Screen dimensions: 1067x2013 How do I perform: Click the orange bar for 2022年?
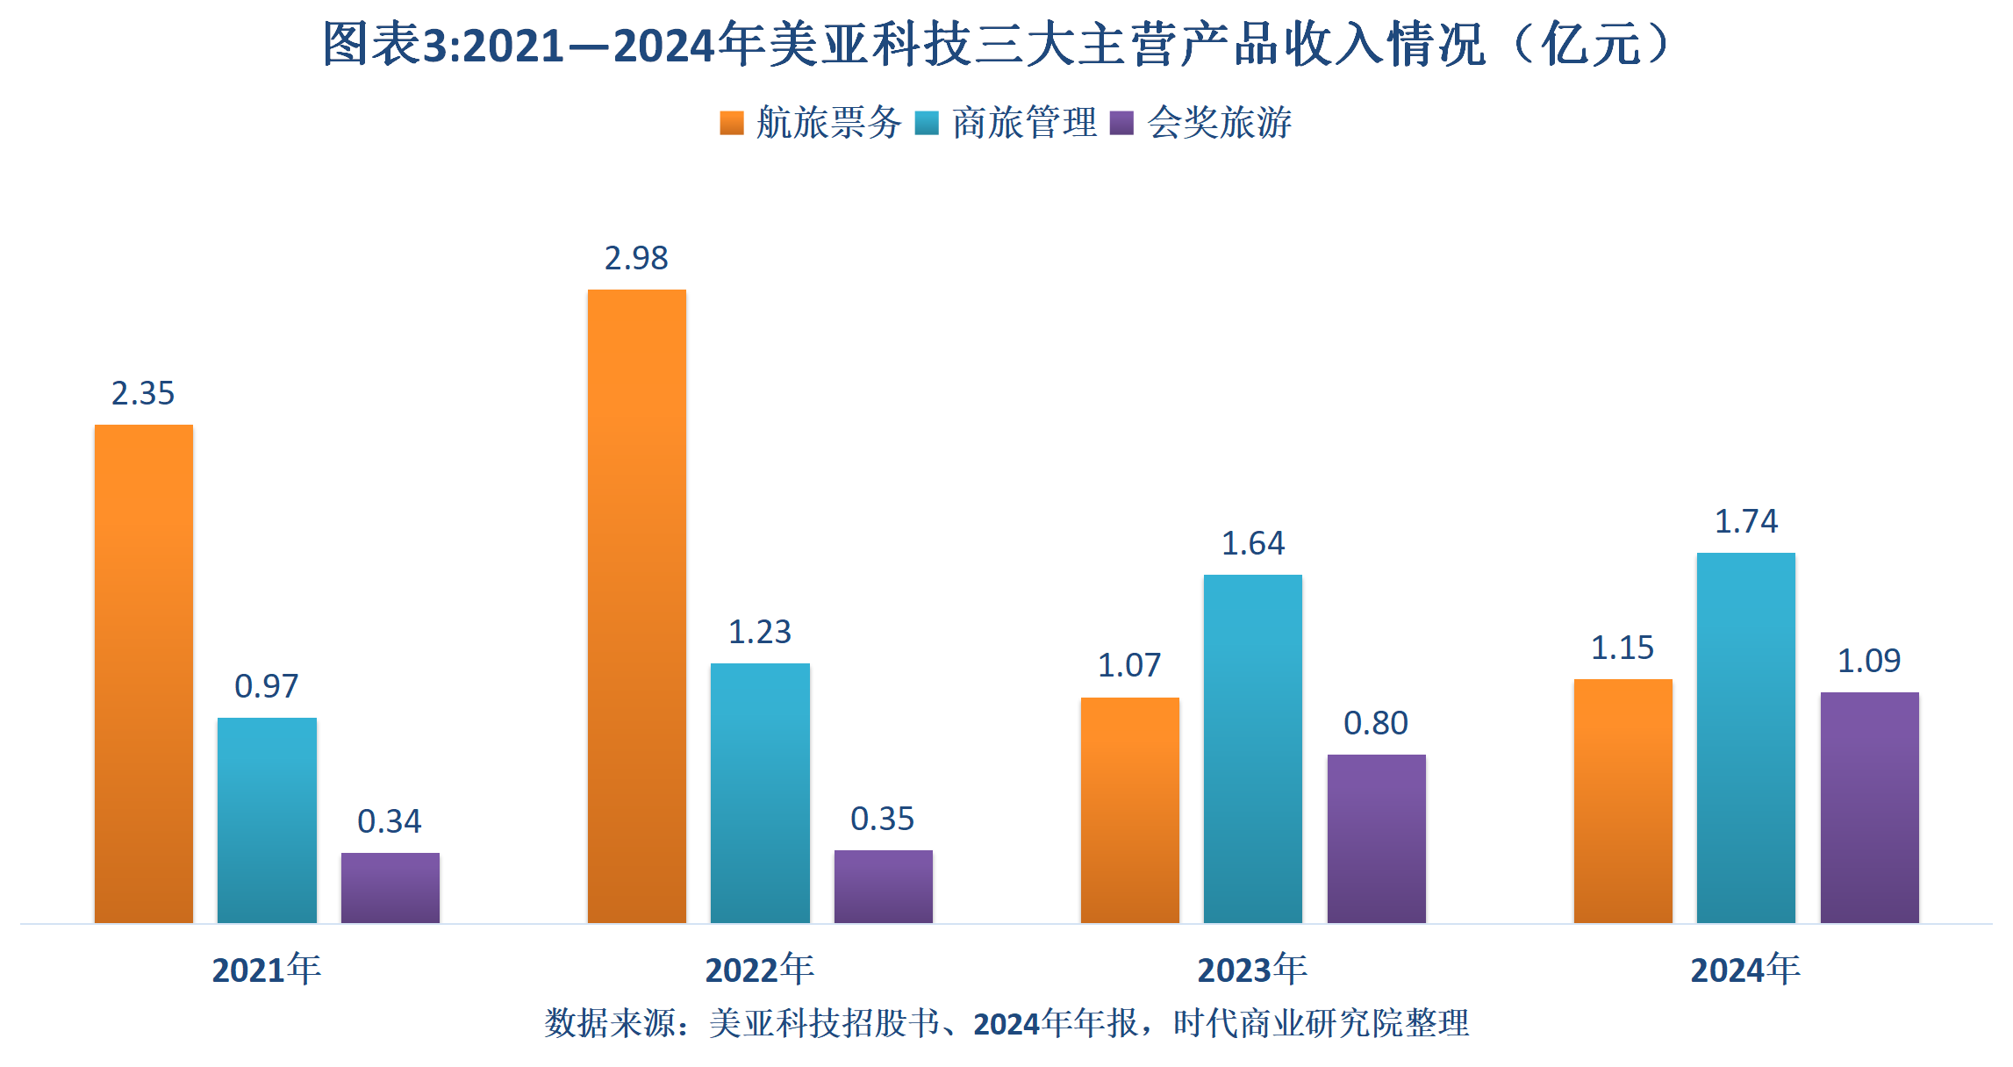(x=636, y=605)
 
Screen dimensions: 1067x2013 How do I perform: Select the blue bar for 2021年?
(x=267, y=820)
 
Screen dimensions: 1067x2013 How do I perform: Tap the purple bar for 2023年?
(x=1376, y=838)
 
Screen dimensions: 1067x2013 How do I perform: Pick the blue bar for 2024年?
(x=1745, y=737)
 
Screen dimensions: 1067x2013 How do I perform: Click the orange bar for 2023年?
(x=1129, y=809)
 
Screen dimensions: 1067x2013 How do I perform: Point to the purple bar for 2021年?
(x=390, y=887)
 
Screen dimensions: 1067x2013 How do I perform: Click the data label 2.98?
(x=636, y=258)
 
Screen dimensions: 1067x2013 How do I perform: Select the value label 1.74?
(x=1745, y=521)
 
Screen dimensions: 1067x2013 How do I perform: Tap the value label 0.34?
(x=390, y=821)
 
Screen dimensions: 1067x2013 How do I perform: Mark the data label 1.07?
(x=1129, y=665)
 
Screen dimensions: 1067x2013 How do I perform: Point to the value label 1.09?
(x=1869, y=661)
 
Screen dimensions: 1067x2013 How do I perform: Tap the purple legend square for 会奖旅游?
(x=1121, y=123)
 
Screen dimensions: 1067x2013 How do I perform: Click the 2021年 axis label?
(x=267, y=970)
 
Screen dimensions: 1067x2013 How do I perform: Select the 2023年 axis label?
(x=1252, y=970)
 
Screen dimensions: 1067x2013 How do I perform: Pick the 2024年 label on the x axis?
(x=1745, y=970)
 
